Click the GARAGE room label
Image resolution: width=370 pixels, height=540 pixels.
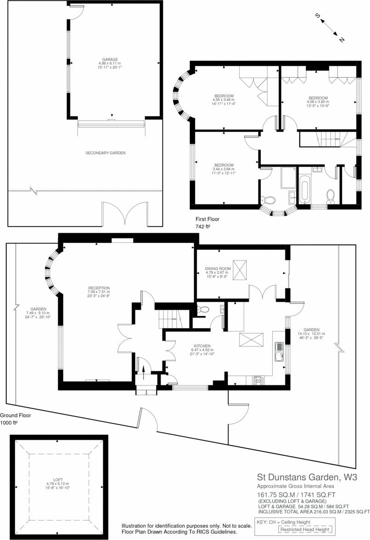tap(110, 59)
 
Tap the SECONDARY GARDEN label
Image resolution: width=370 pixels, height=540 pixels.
tap(106, 153)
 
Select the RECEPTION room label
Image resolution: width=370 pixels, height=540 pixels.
tap(99, 288)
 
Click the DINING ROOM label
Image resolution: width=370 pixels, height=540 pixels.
tap(217, 268)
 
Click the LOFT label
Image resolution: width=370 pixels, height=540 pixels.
tap(57, 479)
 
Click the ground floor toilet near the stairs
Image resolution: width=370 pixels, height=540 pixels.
tap(202, 310)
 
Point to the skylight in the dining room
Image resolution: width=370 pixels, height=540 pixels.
tap(241, 269)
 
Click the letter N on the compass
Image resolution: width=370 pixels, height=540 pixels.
tap(342, 40)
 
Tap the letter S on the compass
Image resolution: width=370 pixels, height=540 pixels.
tap(317, 16)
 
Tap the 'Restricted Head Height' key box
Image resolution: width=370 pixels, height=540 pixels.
tap(305, 529)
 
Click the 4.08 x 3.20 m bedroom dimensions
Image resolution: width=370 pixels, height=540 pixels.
tap(318, 102)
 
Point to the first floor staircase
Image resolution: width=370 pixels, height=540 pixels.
tap(327, 138)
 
